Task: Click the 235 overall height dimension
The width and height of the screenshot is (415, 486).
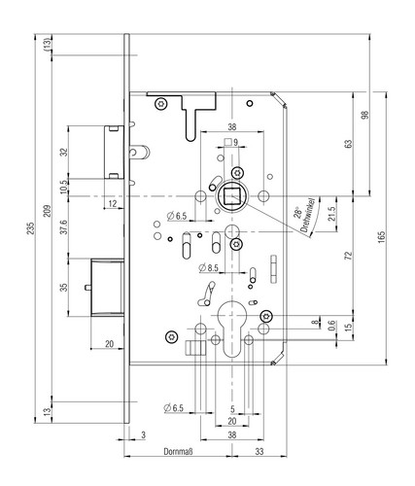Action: tap(31, 228)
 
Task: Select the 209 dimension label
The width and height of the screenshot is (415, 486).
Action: tap(48, 211)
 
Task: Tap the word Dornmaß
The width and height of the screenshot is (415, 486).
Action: tap(178, 451)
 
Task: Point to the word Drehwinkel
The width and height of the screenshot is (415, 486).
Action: tap(308, 215)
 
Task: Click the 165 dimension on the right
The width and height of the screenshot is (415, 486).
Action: tap(381, 237)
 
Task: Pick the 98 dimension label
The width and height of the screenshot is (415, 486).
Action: tap(364, 115)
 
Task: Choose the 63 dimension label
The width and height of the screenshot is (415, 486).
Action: tap(348, 144)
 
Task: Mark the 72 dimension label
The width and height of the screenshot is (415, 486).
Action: tap(348, 256)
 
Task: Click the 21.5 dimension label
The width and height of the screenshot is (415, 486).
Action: tap(331, 214)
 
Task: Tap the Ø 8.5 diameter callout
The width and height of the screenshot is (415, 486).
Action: tap(209, 268)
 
